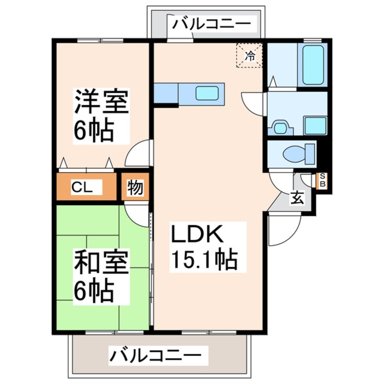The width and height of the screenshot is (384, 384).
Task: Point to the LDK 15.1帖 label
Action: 203,248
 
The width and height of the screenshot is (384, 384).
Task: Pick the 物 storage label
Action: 134,187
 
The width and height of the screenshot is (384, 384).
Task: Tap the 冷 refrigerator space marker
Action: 249,56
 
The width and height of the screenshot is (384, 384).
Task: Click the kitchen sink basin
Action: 207,93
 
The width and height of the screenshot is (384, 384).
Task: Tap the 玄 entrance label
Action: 298,198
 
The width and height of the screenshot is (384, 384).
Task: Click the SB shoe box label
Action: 323,180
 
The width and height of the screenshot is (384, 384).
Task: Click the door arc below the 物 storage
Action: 137,212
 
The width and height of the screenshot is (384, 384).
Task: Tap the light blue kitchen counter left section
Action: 166,93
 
